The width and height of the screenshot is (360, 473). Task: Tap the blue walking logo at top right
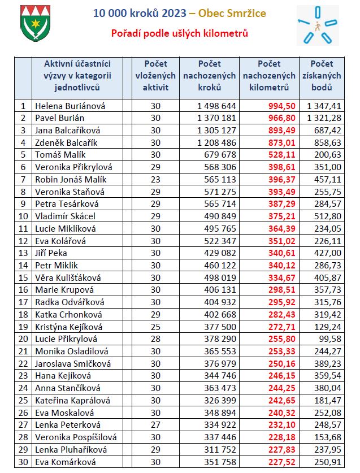tap(317, 25)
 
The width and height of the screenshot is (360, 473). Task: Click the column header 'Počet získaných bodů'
tap(322, 76)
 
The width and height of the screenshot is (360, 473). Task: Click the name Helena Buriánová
tap(70, 106)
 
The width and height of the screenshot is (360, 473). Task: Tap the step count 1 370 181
tap(216, 118)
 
